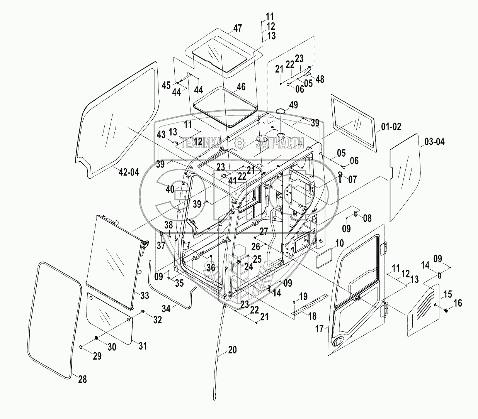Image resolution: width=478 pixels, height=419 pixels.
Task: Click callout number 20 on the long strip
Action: point(232,350)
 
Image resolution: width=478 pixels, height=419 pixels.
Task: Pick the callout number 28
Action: point(82,379)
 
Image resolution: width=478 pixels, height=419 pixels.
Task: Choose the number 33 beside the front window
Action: point(145,296)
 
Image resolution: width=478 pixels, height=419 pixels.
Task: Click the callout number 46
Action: point(241,87)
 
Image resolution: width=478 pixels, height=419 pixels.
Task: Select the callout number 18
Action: point(312,316)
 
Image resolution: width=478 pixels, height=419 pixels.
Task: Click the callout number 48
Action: point(320,79)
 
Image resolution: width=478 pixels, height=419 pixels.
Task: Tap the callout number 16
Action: point(458,304)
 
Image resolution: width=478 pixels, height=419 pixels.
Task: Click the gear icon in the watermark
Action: point(240,143)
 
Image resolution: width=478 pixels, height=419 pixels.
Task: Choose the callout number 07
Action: point(352,179)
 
